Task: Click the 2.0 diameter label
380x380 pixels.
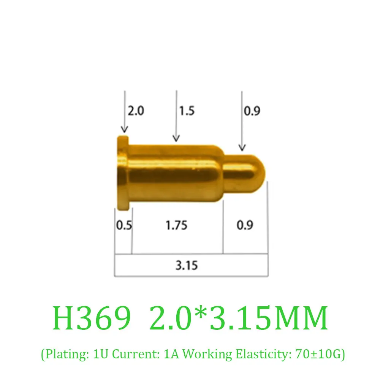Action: click(136, 111)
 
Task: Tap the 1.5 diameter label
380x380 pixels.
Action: click(187, 111)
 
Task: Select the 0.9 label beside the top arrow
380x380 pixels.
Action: click(252, 111)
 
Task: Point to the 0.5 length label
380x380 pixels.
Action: click(124, 225)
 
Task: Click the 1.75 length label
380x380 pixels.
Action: click(176, 225)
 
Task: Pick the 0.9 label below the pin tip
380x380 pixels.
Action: click(245, 225)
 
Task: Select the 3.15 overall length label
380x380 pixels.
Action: click(187, 265)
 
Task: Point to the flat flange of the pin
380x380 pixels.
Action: click(123, 173)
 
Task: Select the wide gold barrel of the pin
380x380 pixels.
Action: click(175, 173)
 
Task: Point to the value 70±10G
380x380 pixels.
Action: click(319, 354)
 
